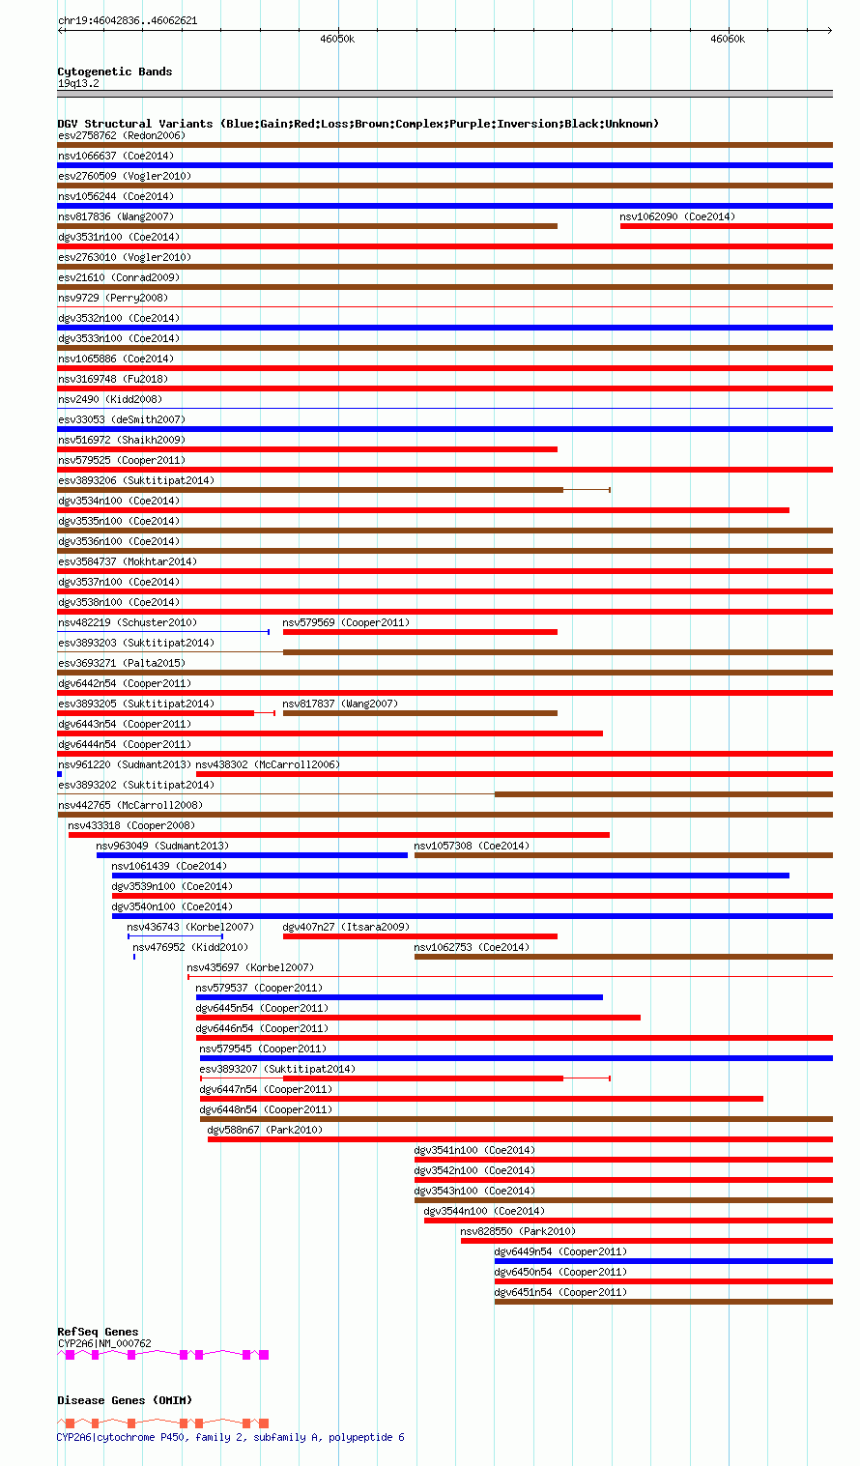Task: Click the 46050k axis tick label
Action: pos(338,40)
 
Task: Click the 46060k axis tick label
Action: pos(728,40)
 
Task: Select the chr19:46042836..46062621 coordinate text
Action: pos(128,20)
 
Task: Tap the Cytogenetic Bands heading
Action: pos(114,72)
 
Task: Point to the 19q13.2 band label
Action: pos(78,83)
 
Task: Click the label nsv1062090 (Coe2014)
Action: pos(677,216)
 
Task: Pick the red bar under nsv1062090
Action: pos(726,226)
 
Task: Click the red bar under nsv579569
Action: pos(419,632)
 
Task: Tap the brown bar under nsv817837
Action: pos(419,713)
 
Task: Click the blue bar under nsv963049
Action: pos(251,855)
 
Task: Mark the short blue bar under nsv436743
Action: pos(175,936)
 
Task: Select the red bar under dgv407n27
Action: pos(419,936)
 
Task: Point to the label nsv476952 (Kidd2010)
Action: pos(190,947)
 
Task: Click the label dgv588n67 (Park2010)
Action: pos(265,1130)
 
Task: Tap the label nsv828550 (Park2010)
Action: pos(518,1231)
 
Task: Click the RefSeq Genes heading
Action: pos(98,1332)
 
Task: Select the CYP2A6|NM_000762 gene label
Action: pos(104,1343)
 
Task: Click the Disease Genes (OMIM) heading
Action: pos(125,1400)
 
